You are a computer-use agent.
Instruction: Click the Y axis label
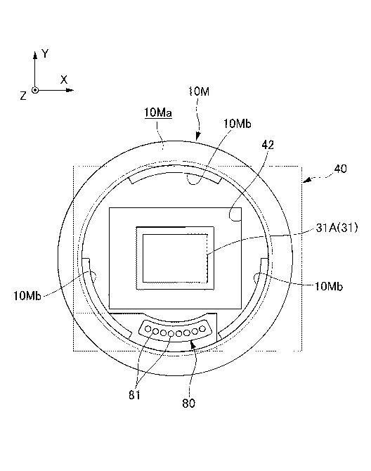pos(45,53)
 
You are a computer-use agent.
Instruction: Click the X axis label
pos(64,79)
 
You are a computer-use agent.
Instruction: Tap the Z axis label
pos(23,96)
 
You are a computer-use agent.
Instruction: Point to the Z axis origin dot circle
pos(35,90)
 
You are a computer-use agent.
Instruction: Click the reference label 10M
pos(199,91)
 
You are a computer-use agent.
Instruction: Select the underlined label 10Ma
pos(158,112)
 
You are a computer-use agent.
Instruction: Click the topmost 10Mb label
pos(237,124)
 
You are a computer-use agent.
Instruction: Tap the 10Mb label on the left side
pos(27,296)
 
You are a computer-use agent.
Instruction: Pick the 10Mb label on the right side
pos(328,286)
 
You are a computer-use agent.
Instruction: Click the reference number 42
pos(268,145)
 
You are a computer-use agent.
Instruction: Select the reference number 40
pos(340,169)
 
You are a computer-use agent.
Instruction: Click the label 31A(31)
pos(337,228)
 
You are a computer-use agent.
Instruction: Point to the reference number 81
pos(134,395)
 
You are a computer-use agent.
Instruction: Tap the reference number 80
pos(188,404)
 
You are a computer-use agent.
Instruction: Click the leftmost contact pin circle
pos(148,329)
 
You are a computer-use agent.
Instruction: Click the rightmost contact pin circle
pos(202,329)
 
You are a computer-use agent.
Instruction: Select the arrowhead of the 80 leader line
pos(193,344)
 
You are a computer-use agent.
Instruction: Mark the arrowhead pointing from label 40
pos(307,180)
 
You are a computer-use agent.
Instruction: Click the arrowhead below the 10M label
pos(197,136)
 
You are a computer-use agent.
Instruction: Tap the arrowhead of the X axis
pos(70,90)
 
